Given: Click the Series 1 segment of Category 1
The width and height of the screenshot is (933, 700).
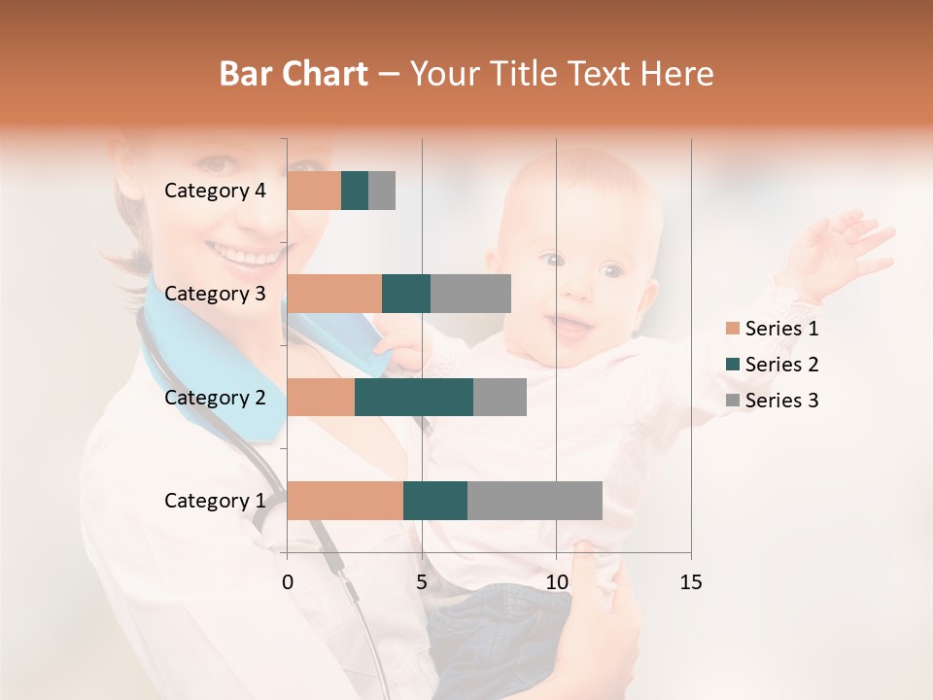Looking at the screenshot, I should click(345, 501).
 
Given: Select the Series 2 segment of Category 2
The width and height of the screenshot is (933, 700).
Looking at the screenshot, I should click(414, 397).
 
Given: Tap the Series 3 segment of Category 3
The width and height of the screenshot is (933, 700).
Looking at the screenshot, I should click(470, 294).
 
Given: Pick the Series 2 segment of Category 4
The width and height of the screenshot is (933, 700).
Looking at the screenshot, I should click(355, 191).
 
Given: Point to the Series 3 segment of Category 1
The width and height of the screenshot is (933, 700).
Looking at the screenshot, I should click(535, 501).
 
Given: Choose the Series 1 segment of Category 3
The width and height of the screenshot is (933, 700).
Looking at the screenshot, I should click(334, 294).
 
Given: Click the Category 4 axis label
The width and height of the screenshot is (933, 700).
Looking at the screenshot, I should click(215, 191).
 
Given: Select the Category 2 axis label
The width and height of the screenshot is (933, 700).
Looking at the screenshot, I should click(215, 397).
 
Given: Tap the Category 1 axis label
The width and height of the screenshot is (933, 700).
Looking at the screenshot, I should click(215, 501).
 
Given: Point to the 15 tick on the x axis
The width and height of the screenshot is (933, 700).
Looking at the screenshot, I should click(690, 582).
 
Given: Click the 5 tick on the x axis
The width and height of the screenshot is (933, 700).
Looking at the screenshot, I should click(422, 582).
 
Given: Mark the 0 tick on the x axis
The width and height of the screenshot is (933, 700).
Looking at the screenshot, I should click(288, 582).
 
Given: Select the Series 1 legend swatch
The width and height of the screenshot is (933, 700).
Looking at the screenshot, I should click(732, 329).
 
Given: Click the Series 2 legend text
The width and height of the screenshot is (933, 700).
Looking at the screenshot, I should click(781, 365).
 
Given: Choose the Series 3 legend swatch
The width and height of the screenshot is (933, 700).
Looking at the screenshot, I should click(732, 401).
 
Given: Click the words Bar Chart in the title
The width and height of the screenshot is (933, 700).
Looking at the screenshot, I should click(294, 74).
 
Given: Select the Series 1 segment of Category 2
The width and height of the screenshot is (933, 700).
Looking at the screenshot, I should click(321, 397).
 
